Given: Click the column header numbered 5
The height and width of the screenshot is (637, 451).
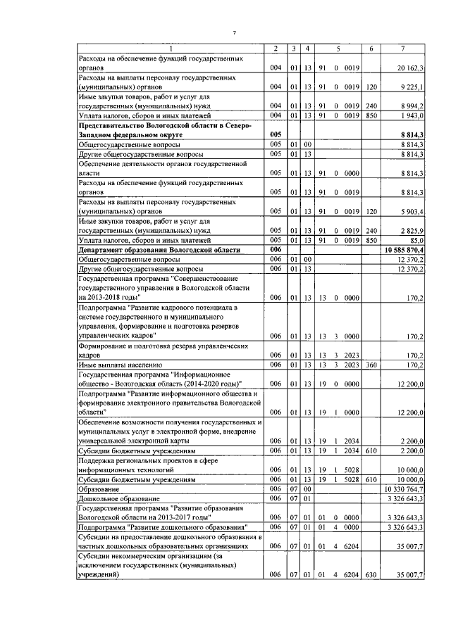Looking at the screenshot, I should (338, 48).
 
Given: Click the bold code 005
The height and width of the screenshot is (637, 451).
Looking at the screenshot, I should (276, 134).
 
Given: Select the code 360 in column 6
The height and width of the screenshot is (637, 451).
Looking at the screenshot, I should (371, 364).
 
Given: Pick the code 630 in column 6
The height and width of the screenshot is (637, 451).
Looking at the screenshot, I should (371, 574).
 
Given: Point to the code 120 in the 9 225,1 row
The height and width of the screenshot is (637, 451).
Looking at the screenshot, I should (371, 87).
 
